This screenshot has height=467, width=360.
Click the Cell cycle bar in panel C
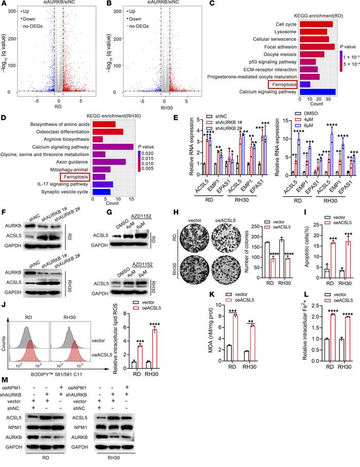pyautogui.click(x=315, y=24)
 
